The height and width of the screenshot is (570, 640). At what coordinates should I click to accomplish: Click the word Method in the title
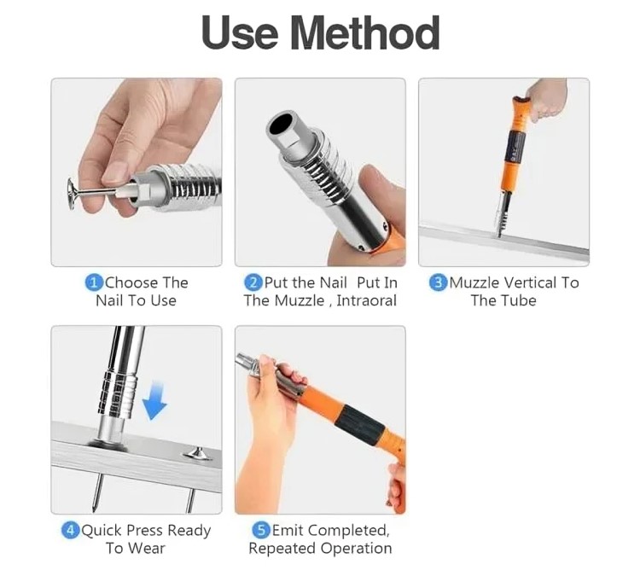[x=365, y=33]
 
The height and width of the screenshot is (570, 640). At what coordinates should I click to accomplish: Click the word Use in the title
[x=240, y=33]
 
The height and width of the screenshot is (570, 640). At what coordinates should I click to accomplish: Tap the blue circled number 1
[x=94, y=282]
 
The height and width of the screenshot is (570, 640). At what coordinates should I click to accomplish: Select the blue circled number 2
[x=253, y=282]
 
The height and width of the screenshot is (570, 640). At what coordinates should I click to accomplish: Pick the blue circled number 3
[x=438, y=282]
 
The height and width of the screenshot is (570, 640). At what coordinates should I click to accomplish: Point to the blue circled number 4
[x=70, y=531]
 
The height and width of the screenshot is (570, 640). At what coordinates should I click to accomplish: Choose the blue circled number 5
[x=261, y=531]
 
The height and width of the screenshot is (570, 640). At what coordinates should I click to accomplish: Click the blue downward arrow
[x=154, y=400]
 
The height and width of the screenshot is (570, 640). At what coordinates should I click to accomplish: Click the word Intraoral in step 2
[x=367, y=300]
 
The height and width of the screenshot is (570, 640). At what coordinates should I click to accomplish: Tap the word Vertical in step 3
[x=530, y=282]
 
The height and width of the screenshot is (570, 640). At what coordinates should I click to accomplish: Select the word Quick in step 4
[x=102, y=531]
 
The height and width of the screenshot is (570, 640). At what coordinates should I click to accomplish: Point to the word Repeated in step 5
[x=279, y=549]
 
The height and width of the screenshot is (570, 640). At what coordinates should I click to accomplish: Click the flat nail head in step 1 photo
[x=73, y=194]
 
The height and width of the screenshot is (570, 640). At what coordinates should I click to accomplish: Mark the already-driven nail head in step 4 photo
[x=198, y=453]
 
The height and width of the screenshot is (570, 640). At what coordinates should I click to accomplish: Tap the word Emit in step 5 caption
[x=288, y=531]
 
